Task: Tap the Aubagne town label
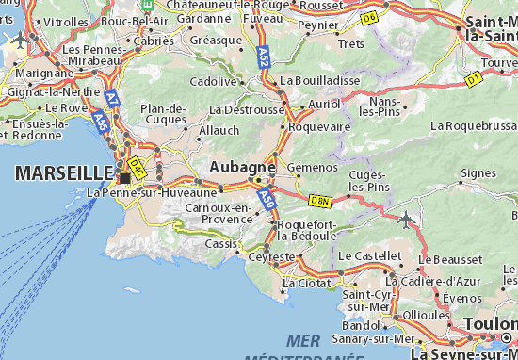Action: tap(242, 166)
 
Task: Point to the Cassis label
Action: tap(222, 243)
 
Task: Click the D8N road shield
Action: tap(321, 200)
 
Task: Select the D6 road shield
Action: tap(369, 17)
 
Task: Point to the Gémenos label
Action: tap(312, 167)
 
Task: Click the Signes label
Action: tap(479, 173)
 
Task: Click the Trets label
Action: tap(351, 43)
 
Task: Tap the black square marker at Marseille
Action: tap(124, 177)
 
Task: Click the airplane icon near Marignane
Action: tap(18, 41)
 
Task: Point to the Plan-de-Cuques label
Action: tap(163, 113)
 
